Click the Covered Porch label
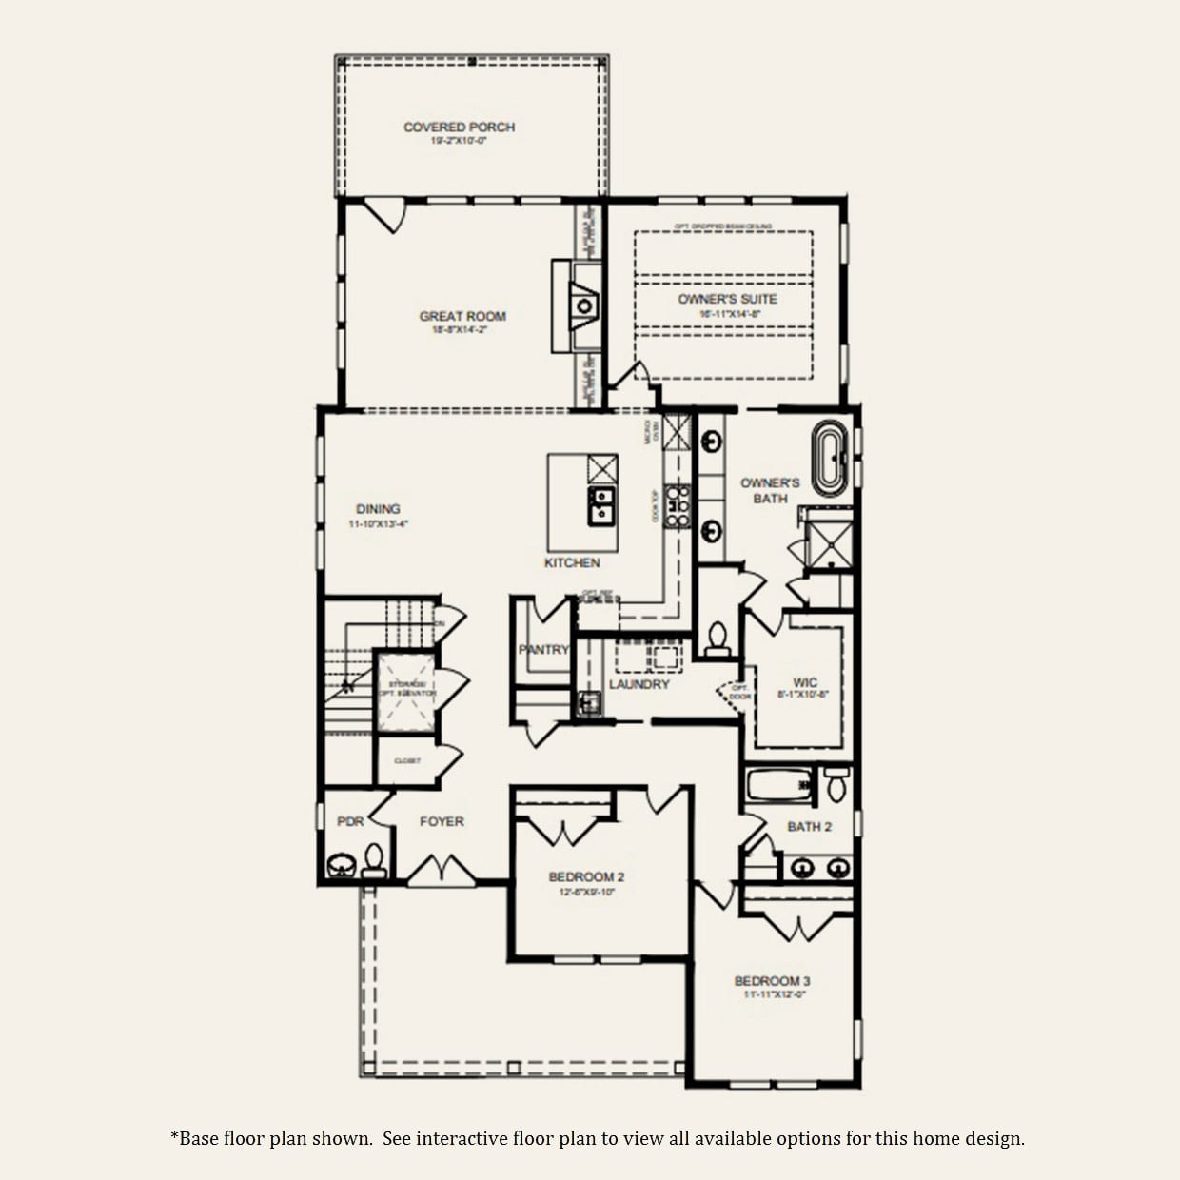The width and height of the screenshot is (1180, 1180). (x=459, y=127)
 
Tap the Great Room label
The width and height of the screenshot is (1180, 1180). (x=462, y=316)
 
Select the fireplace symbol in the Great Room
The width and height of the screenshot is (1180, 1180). (x=584, y=305)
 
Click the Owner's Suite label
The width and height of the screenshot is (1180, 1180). (x=727, y=299)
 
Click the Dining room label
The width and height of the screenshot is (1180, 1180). (x=378, y=509)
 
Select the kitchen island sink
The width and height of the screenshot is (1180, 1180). (x=601, y=505)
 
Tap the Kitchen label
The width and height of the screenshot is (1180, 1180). (x=572, y=562)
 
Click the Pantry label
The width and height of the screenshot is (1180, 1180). (x=543, y=649)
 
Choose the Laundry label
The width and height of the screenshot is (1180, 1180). (x=639, y=684)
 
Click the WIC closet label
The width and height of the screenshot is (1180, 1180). (x=804, y=682)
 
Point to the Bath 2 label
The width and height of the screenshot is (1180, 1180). (x=809, y=826)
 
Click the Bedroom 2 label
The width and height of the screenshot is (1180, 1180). (x=586, y=876)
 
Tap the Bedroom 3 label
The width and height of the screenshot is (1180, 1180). (x=772, y=980)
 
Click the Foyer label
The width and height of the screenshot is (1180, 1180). (x=442, y=820)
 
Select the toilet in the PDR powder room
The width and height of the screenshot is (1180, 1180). (x=373, y=860)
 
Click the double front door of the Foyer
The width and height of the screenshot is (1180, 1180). (x=442, y=870)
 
